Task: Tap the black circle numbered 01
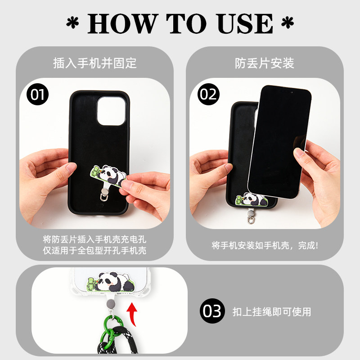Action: click(37, 94)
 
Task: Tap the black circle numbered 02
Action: click(208, 94)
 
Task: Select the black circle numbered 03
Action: click(211, 311)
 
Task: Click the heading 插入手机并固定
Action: click(94, 63)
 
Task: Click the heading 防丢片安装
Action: click(265, 63)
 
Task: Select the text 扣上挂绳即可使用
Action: click(271, 311)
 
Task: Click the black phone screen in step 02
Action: click(279, 139)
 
